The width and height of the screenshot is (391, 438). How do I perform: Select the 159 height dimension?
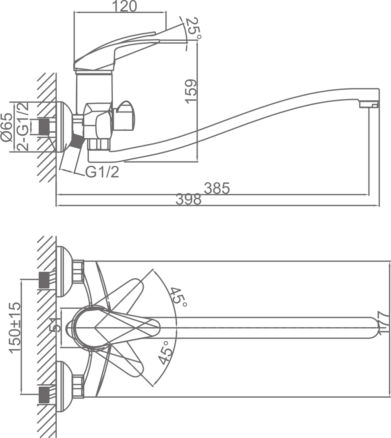pos(191,90)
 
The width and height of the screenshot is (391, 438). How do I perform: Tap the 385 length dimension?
pos(217,188)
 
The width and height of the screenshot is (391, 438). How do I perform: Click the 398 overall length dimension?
pos(189,200)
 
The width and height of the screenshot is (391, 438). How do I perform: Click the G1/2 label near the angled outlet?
pos(102,172)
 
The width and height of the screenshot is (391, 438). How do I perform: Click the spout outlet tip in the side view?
pos(369,105)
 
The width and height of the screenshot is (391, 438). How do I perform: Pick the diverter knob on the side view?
pos(125,115)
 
